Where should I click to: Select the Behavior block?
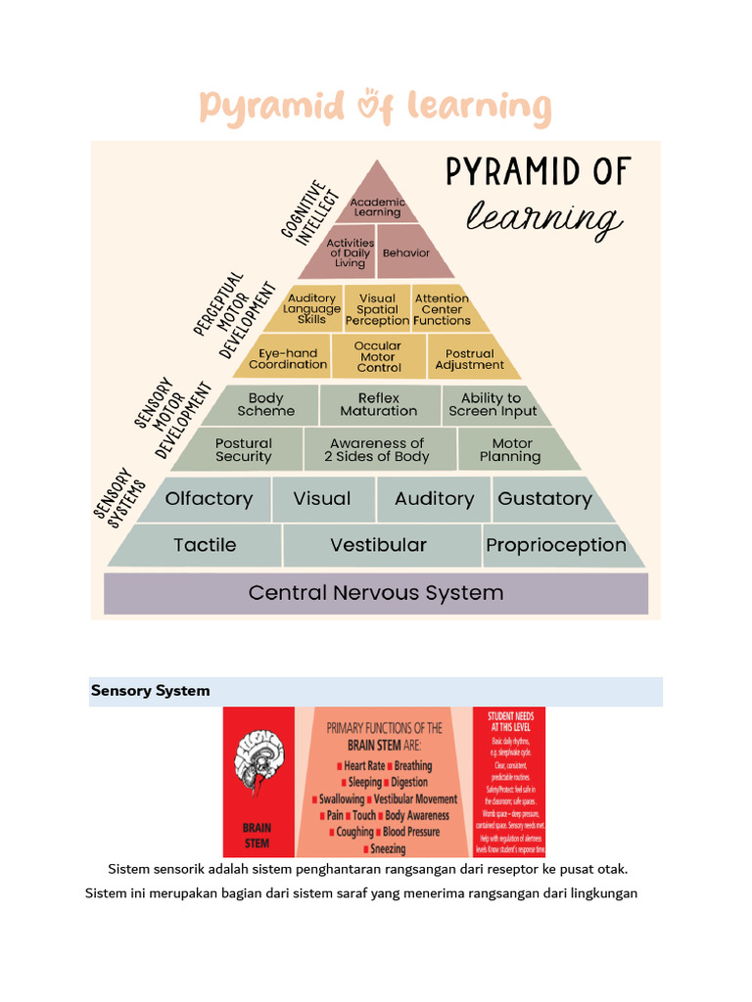click(x=406, y=252)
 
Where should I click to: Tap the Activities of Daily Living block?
click(x=350, y=252)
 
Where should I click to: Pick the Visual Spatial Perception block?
click(x=377, y=309)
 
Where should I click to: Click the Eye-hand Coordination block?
click(x=288, y=358)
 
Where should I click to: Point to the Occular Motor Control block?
click(x=378, y=357)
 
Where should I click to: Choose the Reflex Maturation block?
click(x=379, y=404)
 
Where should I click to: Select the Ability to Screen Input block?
click(x=493, y=404)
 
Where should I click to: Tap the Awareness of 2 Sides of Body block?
click(x=377, y=450)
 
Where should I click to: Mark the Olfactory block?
click(x=209, y=499)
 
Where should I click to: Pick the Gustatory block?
click(x=544, y=499)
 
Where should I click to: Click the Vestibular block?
click(x=378, y=545)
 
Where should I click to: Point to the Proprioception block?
click(x=556, y=545)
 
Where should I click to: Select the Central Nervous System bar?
click(x=376, y=593)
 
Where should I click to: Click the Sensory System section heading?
click(x=151, y=691)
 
